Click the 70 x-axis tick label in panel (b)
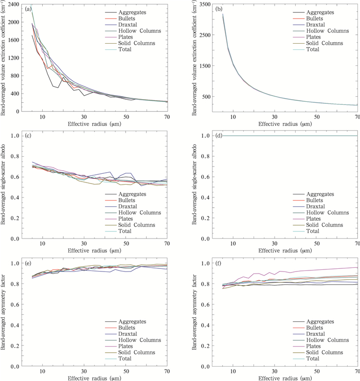(356, 116)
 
